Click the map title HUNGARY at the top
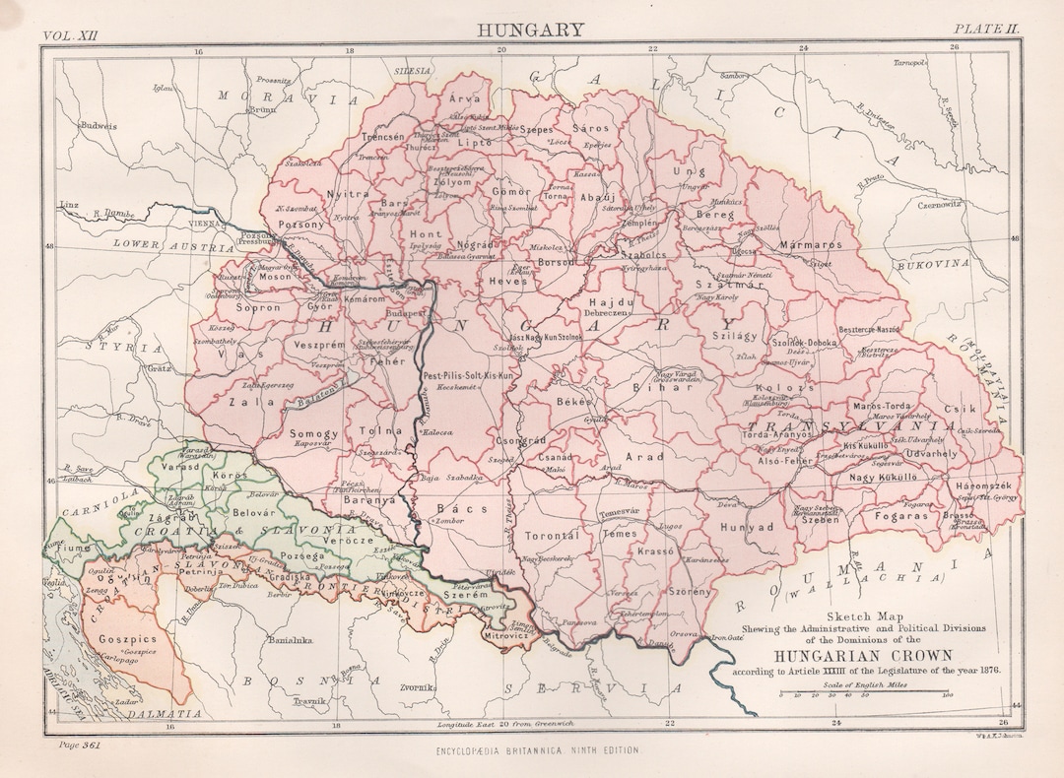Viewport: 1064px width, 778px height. point(531,30)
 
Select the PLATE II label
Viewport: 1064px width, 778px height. point(984,30)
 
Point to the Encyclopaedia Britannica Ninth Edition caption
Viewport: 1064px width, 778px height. point(536,751)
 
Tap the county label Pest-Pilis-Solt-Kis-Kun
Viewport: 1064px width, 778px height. point(469,376)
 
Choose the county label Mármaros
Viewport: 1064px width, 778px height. point(811,243)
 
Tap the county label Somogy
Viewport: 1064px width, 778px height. point(314,433)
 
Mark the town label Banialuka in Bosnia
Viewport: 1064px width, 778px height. point(292,640)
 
